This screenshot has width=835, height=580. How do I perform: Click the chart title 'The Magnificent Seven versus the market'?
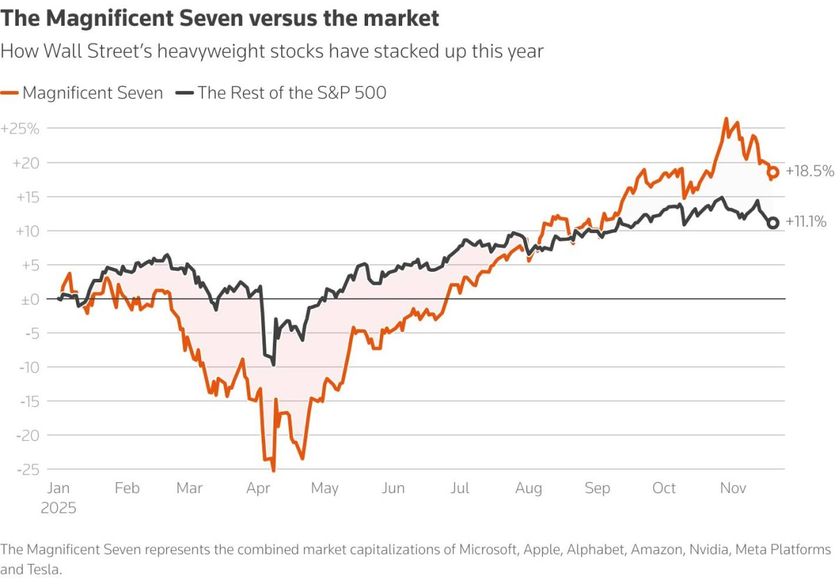pyautogui.click(x=220, y=18)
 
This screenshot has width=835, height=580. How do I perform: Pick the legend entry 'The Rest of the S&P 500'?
pyautogui.click(x=282, y=92)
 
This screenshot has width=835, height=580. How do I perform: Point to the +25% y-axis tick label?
pyautogui.click(x=20, y=129)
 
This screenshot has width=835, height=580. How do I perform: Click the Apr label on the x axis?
pyautogui.click(x=259, y=489)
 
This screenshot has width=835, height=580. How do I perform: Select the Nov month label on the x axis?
pyautogui.click(x=733, y=489)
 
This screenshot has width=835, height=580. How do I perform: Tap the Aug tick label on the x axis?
pyautogui.click(x=528, y=489)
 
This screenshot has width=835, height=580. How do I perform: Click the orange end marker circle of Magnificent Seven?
pyautogui.click(x=772, y=172)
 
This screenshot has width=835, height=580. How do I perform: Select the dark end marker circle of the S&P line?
pyautogui.click(x=772, y=223)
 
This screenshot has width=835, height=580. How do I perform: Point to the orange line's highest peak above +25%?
pyautogui.click(x=726, y=119)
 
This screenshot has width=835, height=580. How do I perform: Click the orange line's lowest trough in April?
pyautogui.click(x=273, y=471)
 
